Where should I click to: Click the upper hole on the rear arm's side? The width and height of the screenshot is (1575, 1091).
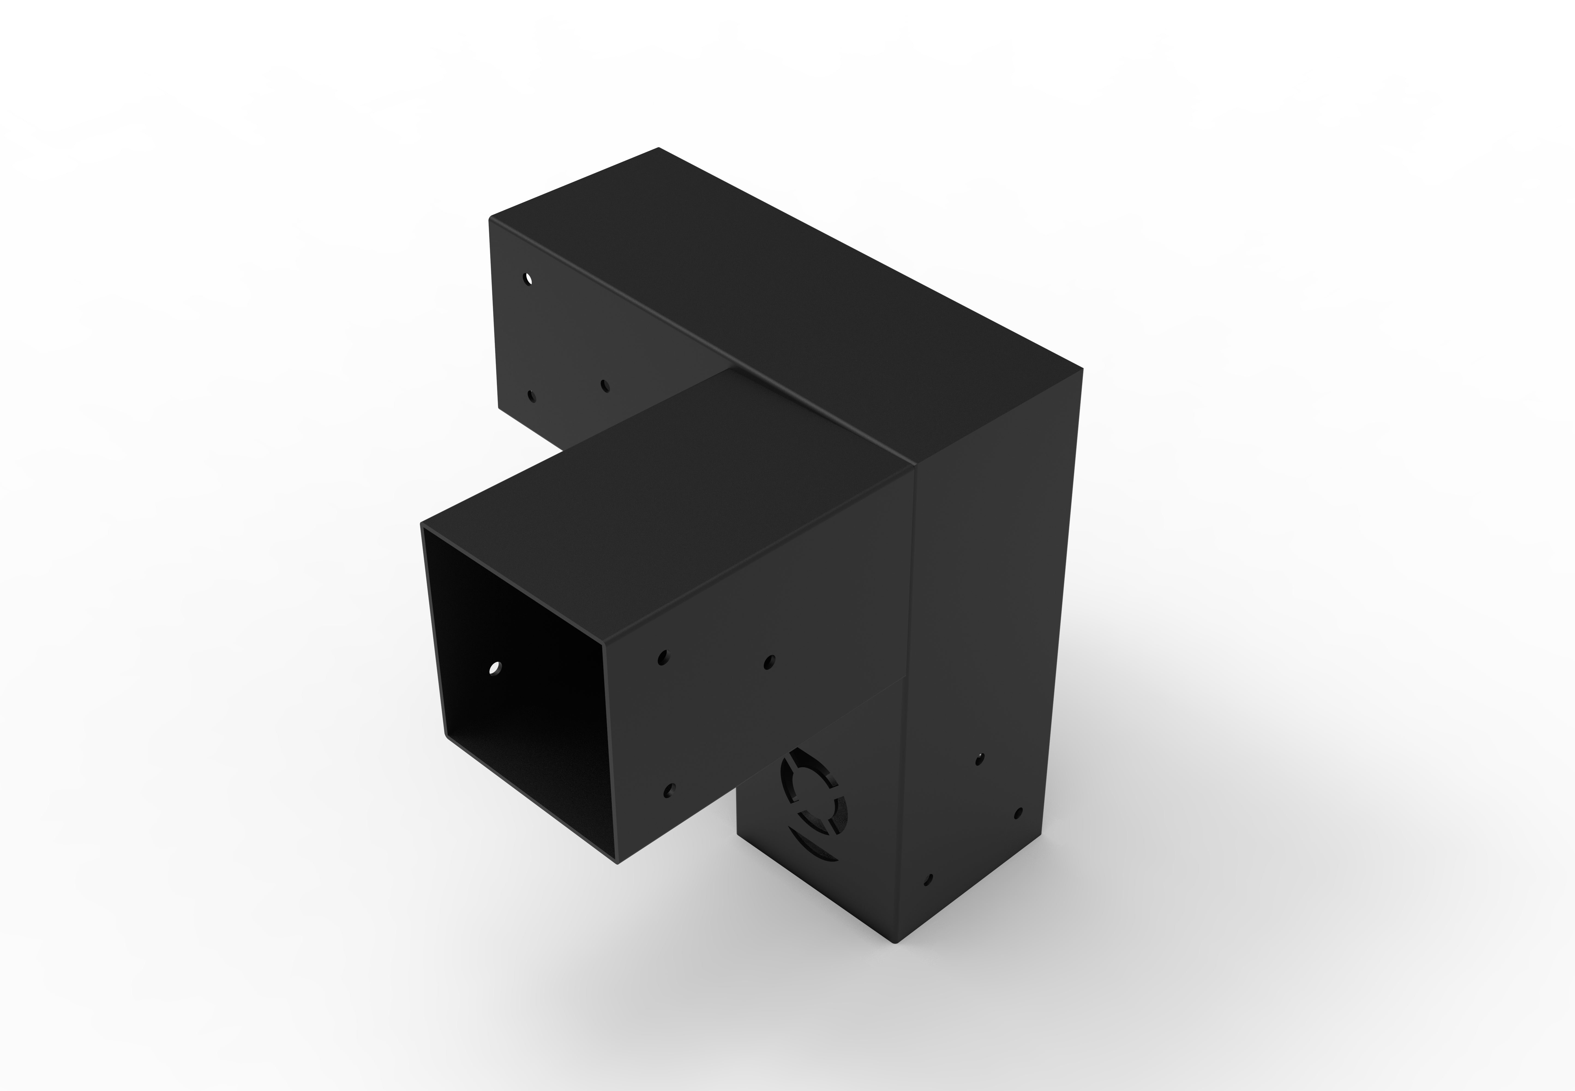[528, 279]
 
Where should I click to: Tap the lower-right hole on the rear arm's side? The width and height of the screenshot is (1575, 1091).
[604, 386]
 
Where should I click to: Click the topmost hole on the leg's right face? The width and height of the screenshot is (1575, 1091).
[980, 759]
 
